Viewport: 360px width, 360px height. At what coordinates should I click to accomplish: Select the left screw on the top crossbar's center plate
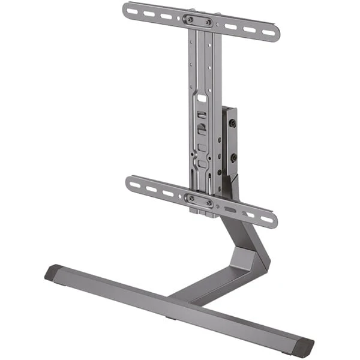[190, 19]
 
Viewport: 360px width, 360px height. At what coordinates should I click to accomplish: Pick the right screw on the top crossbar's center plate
[208, 23]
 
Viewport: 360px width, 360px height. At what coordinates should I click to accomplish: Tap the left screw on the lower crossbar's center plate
[191, 197]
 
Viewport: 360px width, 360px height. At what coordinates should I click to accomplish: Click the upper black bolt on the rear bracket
[233, 124]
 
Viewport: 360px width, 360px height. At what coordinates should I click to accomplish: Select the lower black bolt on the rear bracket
[233, 157]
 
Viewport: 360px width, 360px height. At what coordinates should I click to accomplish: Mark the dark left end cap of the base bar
[53, 273]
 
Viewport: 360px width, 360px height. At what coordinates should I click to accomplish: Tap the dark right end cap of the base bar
[304, 347]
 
